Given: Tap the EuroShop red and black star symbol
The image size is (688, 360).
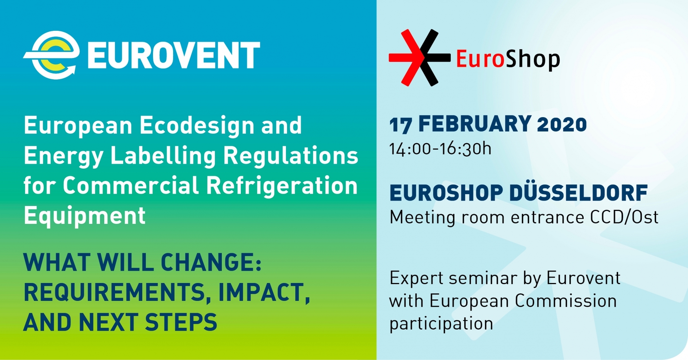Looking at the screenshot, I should pos(420,57).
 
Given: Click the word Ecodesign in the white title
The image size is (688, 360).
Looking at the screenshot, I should pos(197,126).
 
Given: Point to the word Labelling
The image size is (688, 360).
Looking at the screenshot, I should pos(163,156).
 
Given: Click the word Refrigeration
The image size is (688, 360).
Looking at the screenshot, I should pos(282,186).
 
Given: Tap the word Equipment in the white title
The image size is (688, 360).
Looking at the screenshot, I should pos(85,216).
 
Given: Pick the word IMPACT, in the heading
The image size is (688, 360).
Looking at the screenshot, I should pos(264,293).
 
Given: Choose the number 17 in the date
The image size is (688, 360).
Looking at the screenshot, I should pos(400,125).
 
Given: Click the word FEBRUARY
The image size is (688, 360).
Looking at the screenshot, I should pos(475,124).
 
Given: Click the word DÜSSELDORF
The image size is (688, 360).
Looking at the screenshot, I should pos(578,193).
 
